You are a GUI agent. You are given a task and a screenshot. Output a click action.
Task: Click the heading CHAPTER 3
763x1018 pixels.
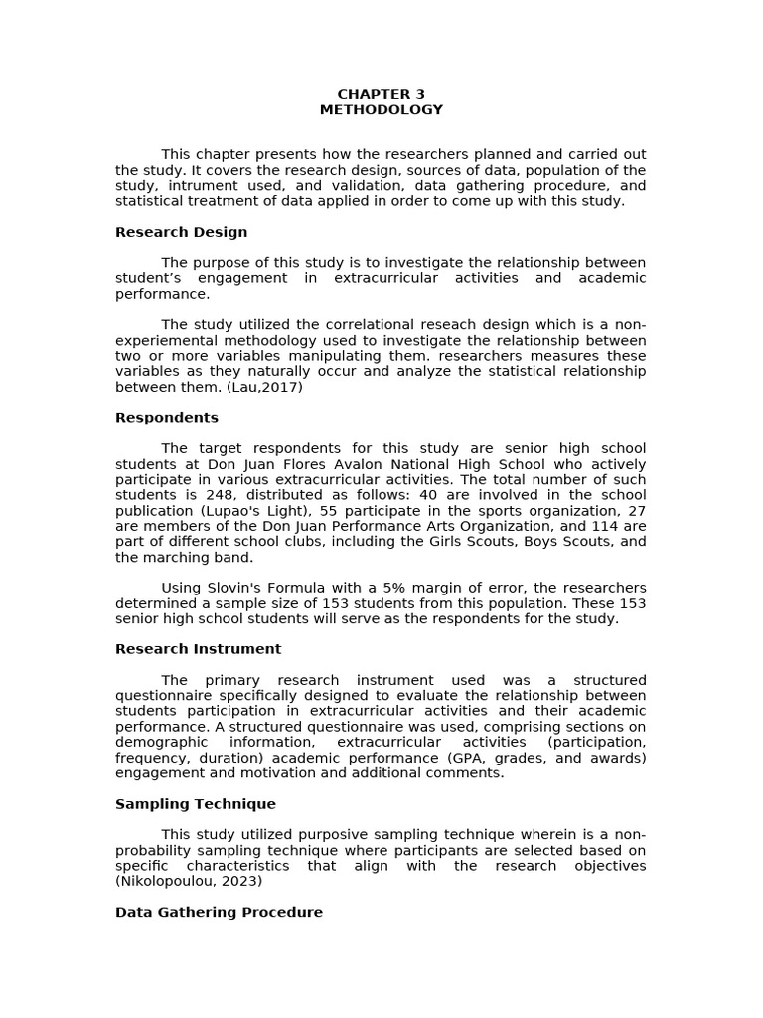point(381,94)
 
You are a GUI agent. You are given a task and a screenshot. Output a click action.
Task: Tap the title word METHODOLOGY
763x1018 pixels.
point(381,110)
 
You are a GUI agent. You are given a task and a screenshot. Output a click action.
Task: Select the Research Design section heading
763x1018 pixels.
point(181,232)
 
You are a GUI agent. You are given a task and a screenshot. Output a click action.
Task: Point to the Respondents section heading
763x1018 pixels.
point(166,418)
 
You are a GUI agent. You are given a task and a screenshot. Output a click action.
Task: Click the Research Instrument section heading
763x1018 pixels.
point(198,649)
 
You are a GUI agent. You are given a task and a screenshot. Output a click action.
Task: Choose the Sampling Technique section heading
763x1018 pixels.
point(195,804)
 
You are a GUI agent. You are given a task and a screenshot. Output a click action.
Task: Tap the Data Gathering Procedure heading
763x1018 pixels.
point(219,912)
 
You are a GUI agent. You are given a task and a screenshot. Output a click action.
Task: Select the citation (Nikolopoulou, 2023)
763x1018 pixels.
point(189,881)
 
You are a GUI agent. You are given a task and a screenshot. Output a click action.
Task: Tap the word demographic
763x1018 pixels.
point(161,742)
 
